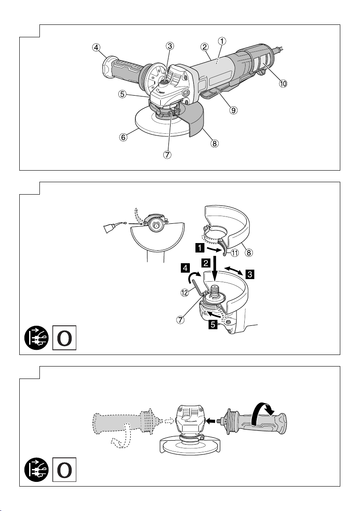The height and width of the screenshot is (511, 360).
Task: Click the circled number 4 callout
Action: (x=96, y=48)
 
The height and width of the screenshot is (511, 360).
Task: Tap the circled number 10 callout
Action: (x=283, y=84)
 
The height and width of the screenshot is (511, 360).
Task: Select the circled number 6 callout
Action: (x=123, y=137)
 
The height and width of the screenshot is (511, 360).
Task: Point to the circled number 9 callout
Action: (x=233, y=110)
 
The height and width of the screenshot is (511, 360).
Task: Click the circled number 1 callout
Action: (x=222, y=41)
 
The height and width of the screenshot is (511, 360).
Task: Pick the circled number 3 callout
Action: (x=170, y=46)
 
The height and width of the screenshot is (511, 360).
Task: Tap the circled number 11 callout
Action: (x=235, y=252)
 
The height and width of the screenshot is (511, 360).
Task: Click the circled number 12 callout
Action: (x=185, y=293)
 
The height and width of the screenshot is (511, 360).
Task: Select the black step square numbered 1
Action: (x=199, y=248)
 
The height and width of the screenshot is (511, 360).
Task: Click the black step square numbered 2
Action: (x=206, y=263)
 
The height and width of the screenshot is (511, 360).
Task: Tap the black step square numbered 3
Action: (x=250, y=274)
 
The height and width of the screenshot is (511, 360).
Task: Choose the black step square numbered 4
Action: (x=186, y=268)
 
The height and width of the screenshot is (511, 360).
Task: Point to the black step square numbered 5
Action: (x=213, y=324)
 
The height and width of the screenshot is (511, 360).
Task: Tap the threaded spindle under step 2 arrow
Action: (x=215, y=291)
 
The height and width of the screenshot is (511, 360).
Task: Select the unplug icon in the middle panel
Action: (x=36, y=338)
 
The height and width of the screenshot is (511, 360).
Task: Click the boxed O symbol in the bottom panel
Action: (x=65, y=469)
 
